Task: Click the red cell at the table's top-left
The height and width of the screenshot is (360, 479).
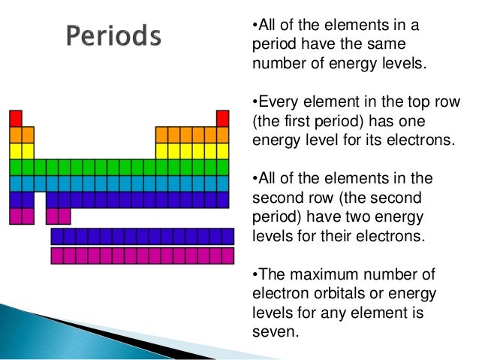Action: pos(15,118)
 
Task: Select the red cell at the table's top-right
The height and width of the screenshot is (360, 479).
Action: pos(222,118)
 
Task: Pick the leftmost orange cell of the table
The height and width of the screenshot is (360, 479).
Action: pos(15,134)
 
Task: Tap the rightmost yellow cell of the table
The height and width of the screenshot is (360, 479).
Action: pos(222,150)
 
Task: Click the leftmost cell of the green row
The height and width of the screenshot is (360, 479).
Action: pos(15,167)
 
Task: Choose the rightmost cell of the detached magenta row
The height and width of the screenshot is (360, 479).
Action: pos(227,256)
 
